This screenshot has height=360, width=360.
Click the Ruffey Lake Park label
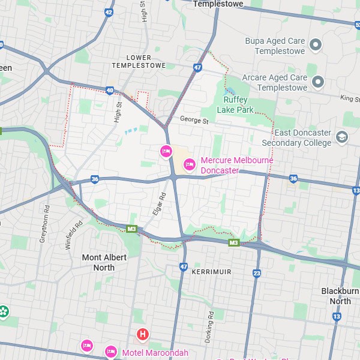239,104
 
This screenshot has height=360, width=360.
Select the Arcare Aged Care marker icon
318,81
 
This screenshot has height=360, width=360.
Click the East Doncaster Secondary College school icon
341,137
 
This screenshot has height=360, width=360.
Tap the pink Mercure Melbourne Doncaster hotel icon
190,164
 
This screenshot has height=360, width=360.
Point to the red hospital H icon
143,334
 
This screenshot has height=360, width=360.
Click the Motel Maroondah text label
156,352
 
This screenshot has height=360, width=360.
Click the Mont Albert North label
104,262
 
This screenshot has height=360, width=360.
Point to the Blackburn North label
340,296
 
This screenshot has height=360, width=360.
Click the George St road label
193,121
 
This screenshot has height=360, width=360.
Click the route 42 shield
109,11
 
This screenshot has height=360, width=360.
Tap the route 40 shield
109,91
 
